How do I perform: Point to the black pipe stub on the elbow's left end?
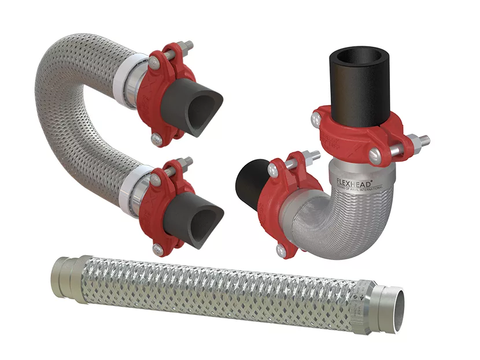tap(249, 180)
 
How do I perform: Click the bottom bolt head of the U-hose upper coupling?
tap(156, 139)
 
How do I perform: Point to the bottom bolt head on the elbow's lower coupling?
tap(282, 251)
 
